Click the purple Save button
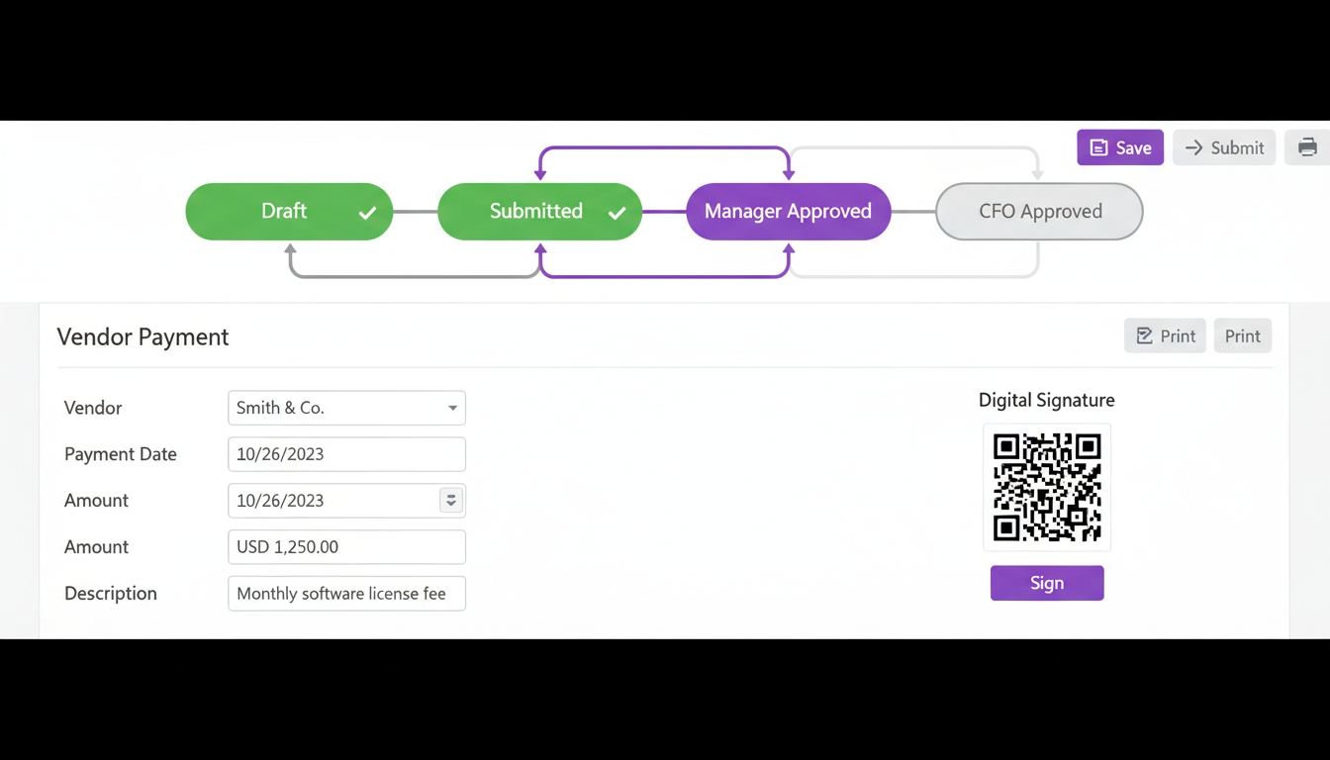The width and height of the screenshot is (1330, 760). click(x=1120, y=147)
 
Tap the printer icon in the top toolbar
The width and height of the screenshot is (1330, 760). click(x=1307, y=147)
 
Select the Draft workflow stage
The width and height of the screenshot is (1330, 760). click(x=284, y=211)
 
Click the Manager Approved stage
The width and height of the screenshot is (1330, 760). click(x=788, y=211)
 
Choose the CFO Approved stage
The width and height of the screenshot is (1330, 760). click(x=1039, y=211)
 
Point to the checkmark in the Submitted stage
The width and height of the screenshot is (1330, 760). click(x=617, y=213)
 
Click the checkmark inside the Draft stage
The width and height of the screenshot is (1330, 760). click(x=367, y=213)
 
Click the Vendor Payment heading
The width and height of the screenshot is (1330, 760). click(x=142, y=336)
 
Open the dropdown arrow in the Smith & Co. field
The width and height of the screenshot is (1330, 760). click(x=452, y=408)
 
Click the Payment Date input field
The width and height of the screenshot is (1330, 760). click(x=346, y=454)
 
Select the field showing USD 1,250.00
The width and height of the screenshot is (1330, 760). click(x=346, y=547)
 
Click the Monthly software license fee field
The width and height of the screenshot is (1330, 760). click(x=346, y=594)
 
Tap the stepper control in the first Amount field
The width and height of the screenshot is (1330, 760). click(x=450, y=501)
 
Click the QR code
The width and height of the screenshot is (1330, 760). click(x=1047, y=487)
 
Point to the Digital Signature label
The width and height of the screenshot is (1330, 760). click(x=1046, y=400)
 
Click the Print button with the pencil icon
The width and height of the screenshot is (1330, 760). click(x=1165, y=336)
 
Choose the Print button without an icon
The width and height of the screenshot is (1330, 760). click(x=1242, y=336)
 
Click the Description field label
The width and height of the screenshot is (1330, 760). click(x=111, y=594)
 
